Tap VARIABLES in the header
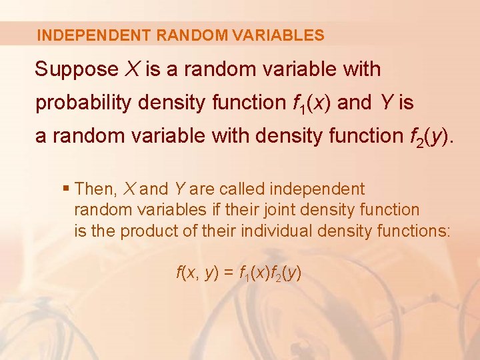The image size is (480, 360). coord(283,35)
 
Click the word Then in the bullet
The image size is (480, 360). coord(95,189)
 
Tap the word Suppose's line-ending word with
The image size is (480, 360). coord(357,69)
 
